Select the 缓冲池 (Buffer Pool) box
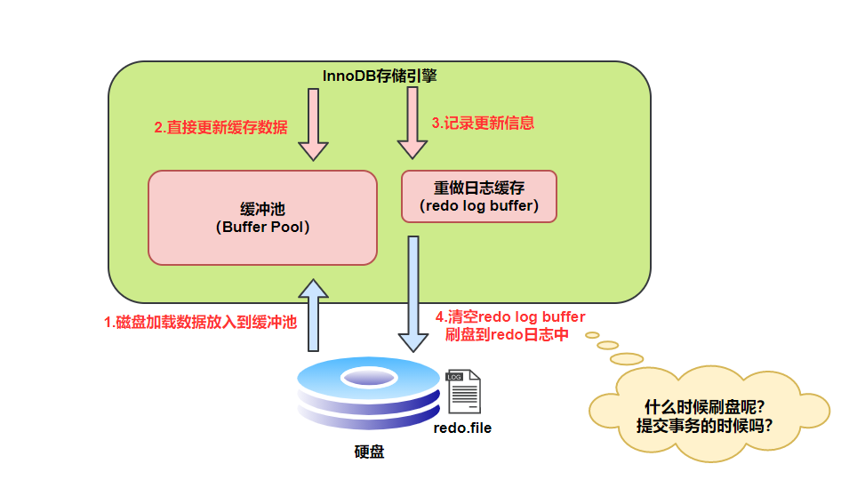coord(262,218)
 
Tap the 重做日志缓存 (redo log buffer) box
coord(479,196)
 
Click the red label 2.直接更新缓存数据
coord(220,127)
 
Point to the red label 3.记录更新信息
coord(483,123)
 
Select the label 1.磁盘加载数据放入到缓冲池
coord(200,323)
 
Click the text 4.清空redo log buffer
coord(510,317)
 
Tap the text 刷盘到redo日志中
coord(507,335)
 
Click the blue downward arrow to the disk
coord(413,293)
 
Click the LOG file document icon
coord(463,392)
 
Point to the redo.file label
coord(462,428)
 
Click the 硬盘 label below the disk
coord(369,452)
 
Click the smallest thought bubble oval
coord(591,335)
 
